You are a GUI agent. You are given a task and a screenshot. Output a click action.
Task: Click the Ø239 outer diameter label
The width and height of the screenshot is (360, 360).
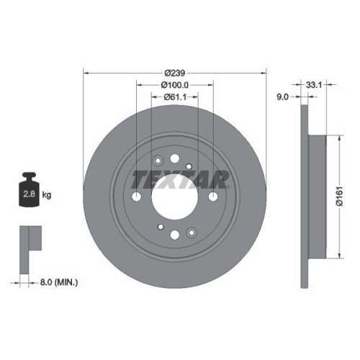(x=176, y=73)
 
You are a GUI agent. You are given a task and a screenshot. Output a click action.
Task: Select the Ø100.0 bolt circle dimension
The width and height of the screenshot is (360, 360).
(x=176, y=84)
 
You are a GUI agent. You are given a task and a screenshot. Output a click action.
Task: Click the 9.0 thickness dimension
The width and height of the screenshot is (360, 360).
(x=283, y=96)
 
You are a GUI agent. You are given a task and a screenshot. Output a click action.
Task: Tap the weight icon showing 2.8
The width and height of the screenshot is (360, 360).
(x=31, y=190)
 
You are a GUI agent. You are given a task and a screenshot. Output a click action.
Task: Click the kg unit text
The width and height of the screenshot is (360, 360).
(x=47, y=195)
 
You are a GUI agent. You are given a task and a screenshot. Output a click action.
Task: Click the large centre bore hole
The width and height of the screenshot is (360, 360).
(x=176, y=196)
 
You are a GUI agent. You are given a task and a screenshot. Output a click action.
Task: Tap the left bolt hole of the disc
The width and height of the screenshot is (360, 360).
(x=137, y=197)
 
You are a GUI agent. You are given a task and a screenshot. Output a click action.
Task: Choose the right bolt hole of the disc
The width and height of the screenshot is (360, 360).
(x=215, y=197)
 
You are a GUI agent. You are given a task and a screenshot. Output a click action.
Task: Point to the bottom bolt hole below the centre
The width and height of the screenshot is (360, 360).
(x=176, y=232)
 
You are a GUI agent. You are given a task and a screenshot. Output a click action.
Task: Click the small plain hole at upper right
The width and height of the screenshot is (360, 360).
(x=189, y=166)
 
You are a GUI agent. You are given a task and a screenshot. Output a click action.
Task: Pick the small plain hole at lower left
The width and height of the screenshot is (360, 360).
(x=163, y=224)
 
